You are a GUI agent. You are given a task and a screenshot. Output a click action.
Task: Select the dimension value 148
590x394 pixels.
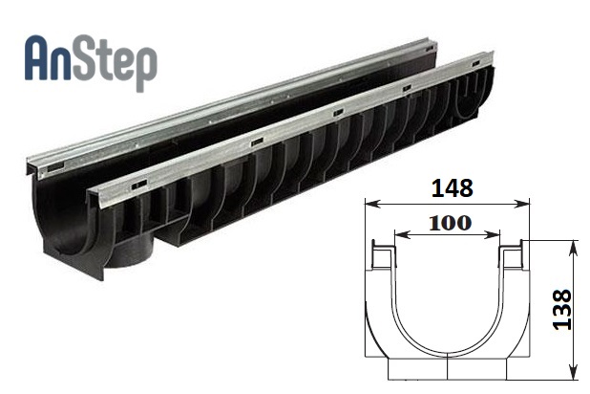[x=452, y=188]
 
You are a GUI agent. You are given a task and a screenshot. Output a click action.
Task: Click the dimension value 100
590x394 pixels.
[x=450, y=223]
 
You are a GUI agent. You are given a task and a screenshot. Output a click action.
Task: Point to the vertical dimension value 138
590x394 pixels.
[x=562, y=310]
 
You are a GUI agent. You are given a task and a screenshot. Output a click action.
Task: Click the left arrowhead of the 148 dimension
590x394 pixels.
[x=371, y=204]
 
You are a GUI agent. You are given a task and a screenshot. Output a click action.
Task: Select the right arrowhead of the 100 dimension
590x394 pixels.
[x=493, y=235]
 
